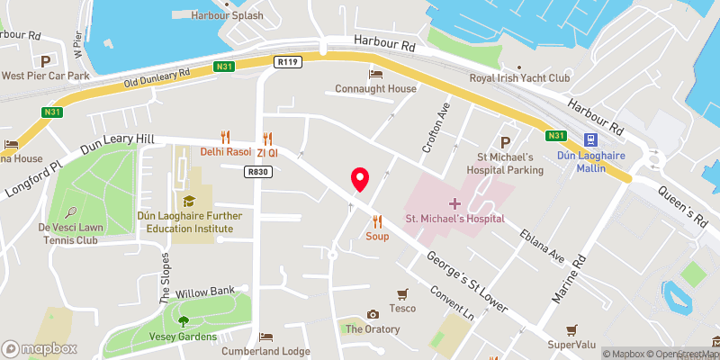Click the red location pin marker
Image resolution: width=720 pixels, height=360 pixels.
(x=360, y=179)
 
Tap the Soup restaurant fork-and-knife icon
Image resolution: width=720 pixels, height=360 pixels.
(x=377, y=220)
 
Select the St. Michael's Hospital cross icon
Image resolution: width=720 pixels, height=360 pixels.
(x=454, y=204)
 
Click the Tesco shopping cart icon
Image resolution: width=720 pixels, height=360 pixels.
(x=402, y=294)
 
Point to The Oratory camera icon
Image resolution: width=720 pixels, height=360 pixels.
(x=373, y=314)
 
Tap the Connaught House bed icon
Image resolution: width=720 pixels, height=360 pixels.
(x=375, y=73)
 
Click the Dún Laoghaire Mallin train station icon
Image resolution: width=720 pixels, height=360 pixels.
(x=591, y=140)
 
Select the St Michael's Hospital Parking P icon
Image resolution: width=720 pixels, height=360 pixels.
(x=505, y=141)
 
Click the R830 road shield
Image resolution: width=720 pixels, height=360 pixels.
(x=257, y=171)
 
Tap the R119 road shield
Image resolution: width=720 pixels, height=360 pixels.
(x=288, y=62)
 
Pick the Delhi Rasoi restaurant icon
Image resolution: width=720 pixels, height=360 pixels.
(x=226, y=137)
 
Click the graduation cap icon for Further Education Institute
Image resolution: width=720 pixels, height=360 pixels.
(x=189, y=200)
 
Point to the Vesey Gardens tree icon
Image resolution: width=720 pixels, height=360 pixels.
(x=184, y=320)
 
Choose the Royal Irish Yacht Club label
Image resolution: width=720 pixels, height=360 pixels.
(x=520, y=78)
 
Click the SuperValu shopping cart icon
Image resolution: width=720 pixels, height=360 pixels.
(x=571, y=330)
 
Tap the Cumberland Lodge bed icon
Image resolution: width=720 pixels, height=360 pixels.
(x=265, y=337)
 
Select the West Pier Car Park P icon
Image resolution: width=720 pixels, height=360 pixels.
(x=45, y=60)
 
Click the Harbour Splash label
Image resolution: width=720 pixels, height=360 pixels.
(x=229, y=16)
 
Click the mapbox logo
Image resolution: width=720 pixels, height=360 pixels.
(x=40, y=348)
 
